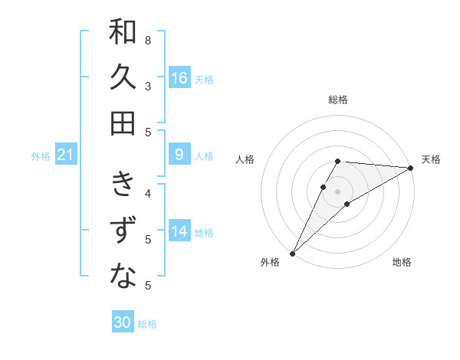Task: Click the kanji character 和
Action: (123, 33)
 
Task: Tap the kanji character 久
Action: (123, 77)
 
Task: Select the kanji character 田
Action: (123, 123)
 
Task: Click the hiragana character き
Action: (123, 185)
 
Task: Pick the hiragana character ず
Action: (123, 231)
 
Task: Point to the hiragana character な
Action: (123, 277)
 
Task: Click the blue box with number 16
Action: (179, 78)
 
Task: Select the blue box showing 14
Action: (179, 232)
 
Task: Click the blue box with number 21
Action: (65, 155)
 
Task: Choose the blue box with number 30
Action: (123, 323)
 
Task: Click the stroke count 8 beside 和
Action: (147, 40)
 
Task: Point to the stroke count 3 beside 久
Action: (147, 86)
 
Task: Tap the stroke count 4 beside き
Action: (147, 193)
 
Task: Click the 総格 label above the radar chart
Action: (338, 100)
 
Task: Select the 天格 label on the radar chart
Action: (431, 159)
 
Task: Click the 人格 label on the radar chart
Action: (245, 159)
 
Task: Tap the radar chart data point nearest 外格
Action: (292, 253)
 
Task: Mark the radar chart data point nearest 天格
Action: (411, 168)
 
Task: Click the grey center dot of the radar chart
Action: (338, 191)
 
